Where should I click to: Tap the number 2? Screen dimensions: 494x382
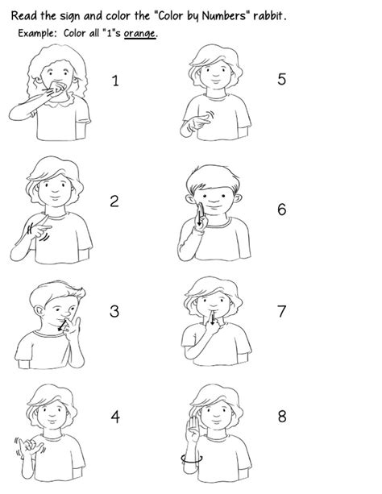click(x=114, y=201)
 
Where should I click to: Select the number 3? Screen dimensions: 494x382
click(x=114, y=311)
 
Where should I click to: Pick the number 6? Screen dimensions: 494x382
click(x=281, y=210)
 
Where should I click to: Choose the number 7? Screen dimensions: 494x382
click(x=281, y=311)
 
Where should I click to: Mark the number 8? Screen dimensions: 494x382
click(x=281, y=417)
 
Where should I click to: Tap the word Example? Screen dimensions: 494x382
click(x=35, y=33)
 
